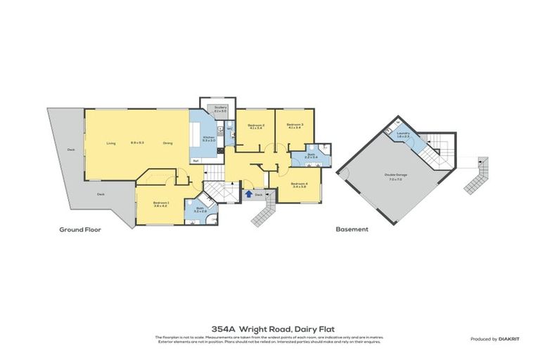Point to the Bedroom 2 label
point(255,127)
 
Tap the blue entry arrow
point(248,194)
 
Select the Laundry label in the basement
point(403,134)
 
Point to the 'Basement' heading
point(351,229)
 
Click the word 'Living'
point(111,143)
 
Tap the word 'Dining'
point(168,143)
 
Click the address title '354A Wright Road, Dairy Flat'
point(269,328)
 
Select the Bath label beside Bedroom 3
point(310,156)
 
